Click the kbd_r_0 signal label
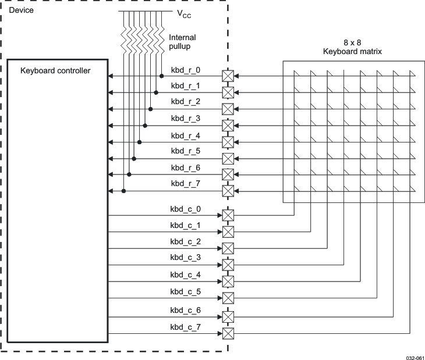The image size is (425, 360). [185, 70]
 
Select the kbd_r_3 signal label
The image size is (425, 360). [185, 118]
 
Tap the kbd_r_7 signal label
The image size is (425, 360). [185, 184]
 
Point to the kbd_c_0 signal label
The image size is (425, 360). [185, 209]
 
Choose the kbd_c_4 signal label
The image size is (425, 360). [185, 275]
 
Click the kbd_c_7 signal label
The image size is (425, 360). [185, 327]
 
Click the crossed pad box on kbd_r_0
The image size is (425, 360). [228, 76]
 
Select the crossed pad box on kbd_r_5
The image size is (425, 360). [228, 158]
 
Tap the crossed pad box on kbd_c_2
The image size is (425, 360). [228, 248]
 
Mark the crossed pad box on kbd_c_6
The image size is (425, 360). [228, 317]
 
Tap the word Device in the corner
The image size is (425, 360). [21, 10]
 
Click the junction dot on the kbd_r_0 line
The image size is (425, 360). [161, 76]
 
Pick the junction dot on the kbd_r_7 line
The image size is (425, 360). [124, 191]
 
